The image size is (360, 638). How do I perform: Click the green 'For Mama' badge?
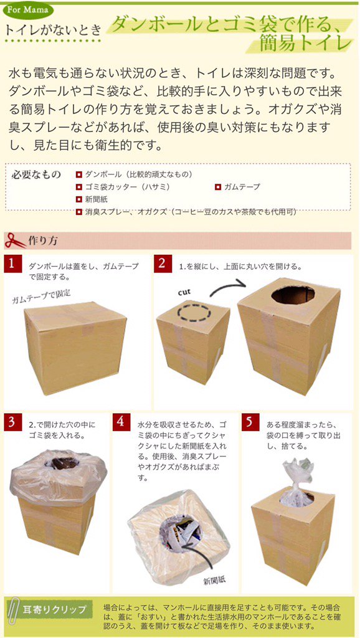28,10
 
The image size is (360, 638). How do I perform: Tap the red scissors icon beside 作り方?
15,240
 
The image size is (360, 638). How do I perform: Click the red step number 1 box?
12,264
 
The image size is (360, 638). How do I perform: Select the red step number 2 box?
163,264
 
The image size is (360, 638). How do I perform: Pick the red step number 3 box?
12,422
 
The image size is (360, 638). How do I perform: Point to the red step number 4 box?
120,422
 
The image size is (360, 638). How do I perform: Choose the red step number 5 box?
250,422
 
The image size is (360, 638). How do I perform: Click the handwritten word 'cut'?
184,292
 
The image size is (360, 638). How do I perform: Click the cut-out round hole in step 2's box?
293,295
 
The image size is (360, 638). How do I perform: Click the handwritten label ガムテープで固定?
42,297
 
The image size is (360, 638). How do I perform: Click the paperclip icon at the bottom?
14,609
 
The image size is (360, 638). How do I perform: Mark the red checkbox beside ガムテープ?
217,187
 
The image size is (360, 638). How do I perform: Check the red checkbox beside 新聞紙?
79,199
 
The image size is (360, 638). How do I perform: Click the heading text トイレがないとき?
52,30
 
